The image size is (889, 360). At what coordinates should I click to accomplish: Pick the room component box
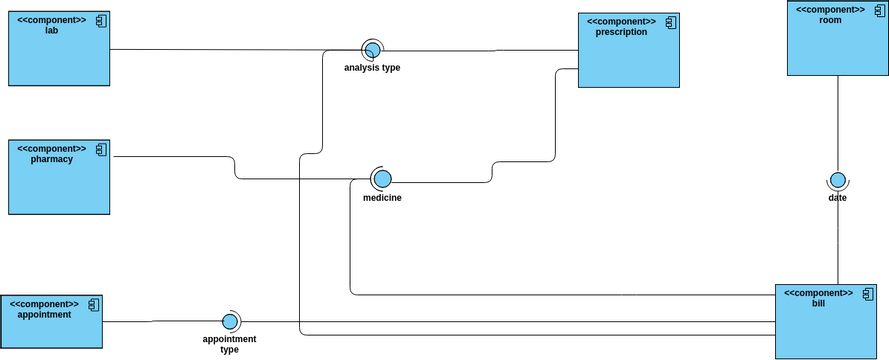point(837,45)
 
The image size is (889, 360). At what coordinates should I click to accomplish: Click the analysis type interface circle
point(372,50)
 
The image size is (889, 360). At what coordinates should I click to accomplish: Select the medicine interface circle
point(382,179)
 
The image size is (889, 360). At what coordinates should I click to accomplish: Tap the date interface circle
point(838,180)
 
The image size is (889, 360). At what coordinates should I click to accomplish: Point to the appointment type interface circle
point(230,321)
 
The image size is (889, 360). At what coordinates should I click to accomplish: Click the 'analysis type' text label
point(372,68)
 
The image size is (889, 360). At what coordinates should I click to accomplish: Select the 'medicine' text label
point(382,198)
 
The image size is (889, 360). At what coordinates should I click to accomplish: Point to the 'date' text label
point(838,198)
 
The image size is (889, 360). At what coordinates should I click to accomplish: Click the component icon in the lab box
point(99,21)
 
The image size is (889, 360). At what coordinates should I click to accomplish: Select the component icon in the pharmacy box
point(99,149)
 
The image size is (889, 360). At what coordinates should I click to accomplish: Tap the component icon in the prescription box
point(672,21)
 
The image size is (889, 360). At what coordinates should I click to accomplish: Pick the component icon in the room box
point(878,9)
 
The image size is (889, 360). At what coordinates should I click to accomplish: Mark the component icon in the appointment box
point(92,303)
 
